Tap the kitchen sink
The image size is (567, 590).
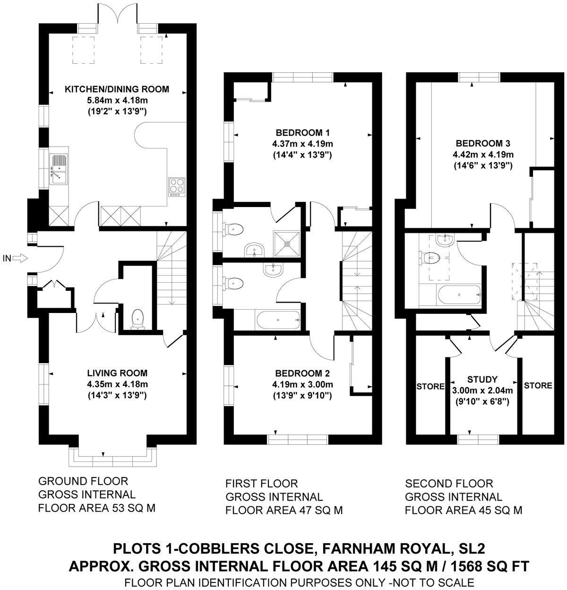tap(59, 168)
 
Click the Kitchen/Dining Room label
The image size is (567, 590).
tap(117, 89)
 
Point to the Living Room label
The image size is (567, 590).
tap(117, 373)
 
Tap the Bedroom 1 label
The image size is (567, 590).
tap(302, 132)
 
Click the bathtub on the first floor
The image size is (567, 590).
tap(278, 321)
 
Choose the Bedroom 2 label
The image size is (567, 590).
tap(302, 373)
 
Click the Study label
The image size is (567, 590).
tap(482, 379)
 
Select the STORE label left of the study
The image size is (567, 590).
tap(430, 386)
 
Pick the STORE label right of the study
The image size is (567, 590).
tap(538, 385)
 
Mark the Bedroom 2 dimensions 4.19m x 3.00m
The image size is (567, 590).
tap(302, 384)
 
